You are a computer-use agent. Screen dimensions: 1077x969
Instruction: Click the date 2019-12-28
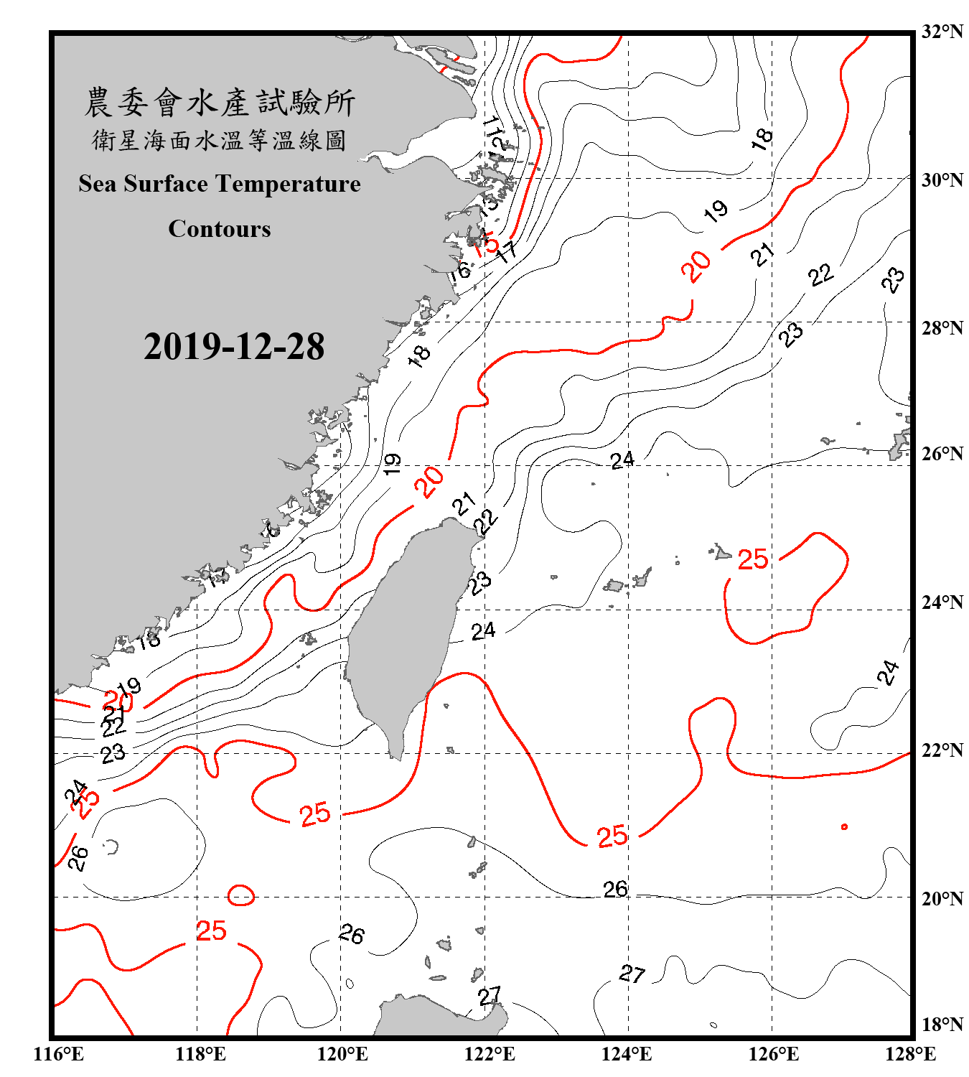pos(234,347)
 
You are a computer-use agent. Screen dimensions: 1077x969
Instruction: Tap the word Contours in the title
pos(220,229)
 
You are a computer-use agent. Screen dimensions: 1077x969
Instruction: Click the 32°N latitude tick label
pos(942,32)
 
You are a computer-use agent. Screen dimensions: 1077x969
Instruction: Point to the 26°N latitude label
pos(942,454)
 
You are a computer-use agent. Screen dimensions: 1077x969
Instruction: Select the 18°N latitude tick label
pos(942,1025)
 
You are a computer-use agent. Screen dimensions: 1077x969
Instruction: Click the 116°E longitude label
pos(59,1054)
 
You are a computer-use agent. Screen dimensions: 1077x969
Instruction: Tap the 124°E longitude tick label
pos(627,1054)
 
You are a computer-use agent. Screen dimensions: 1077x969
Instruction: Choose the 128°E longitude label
pos(910,1054)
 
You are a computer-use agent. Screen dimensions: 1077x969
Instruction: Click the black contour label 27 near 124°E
pos(632,974)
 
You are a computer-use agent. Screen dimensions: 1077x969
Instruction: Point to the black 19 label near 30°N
pos(716,211)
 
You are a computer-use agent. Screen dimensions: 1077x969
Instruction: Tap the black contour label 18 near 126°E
pos(762,138)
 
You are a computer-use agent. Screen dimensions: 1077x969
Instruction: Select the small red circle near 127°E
pos(844,827)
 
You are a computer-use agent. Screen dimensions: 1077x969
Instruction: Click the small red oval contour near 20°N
pos(241,895)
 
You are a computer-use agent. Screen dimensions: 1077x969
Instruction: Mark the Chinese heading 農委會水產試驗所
pos(220,103)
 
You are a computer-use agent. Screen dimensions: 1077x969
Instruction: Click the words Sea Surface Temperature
pos(220,185)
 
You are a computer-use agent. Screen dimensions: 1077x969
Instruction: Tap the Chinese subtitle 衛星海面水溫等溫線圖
pos(220,141)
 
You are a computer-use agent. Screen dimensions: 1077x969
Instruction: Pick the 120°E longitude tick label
pos(342,1054)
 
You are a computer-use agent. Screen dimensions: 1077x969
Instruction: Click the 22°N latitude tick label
pos(942,750)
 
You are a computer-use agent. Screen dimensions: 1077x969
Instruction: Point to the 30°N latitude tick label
pos(942,180)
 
